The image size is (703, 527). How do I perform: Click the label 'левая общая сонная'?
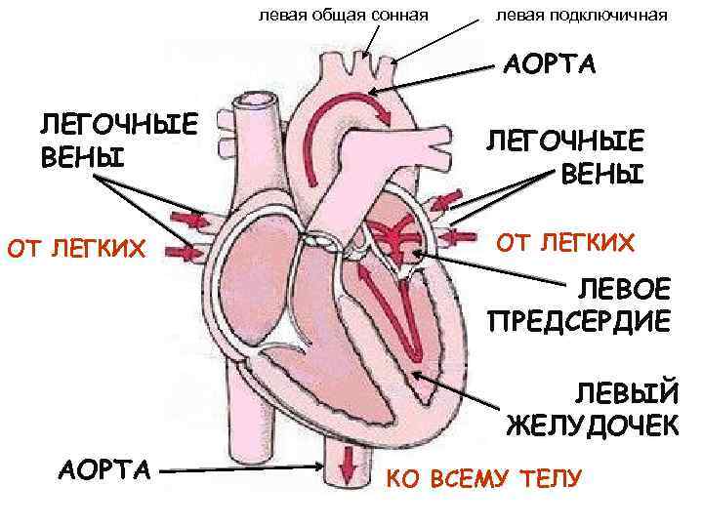pos(345,15)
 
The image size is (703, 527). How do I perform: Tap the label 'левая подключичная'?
pos(582,15)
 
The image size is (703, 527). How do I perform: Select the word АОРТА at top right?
pos(550,65)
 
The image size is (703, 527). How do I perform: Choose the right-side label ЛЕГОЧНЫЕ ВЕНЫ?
pos(565,157)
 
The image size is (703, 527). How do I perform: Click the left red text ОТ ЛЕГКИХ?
pos(76,253)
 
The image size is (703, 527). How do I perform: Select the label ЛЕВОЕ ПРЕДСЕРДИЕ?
pos(579,306)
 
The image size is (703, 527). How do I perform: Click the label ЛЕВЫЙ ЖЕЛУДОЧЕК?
pos(593,409)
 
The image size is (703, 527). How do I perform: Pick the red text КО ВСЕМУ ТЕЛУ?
pos(484,478)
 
